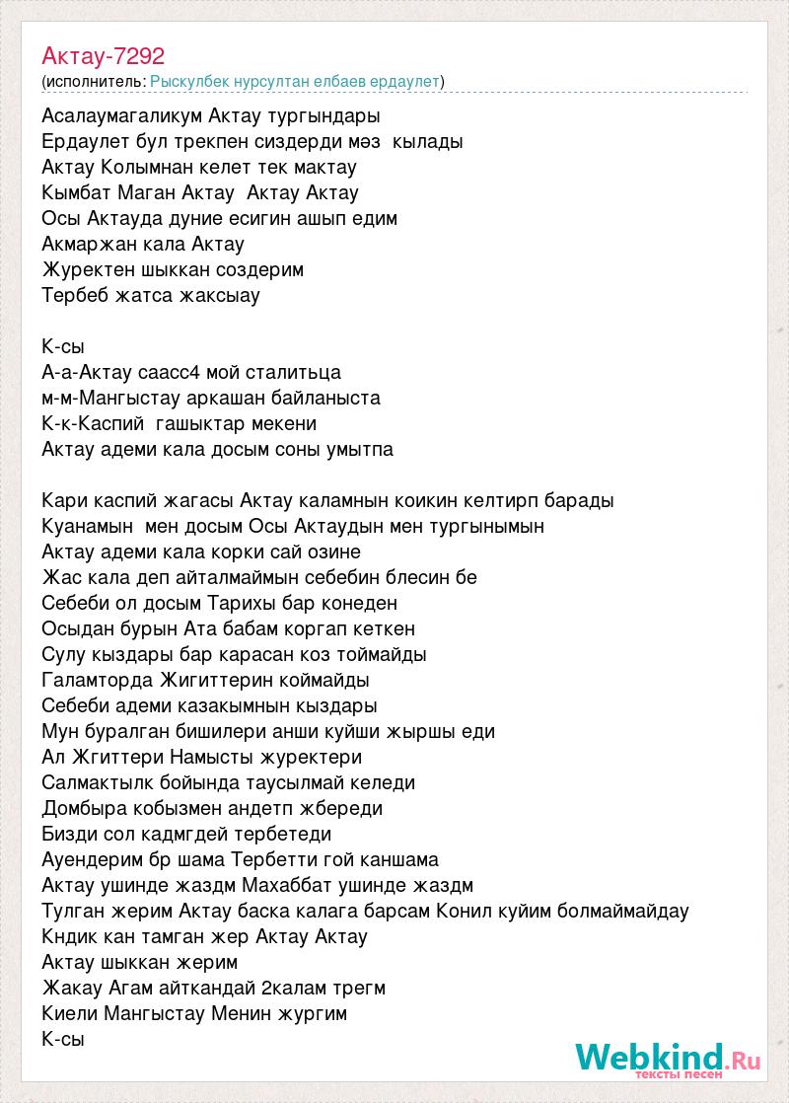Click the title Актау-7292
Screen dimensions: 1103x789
pos(104,56)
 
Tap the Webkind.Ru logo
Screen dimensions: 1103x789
pos(668,1060)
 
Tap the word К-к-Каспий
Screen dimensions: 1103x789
pos(94,423)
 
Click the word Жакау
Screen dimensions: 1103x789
pos(70,988)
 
